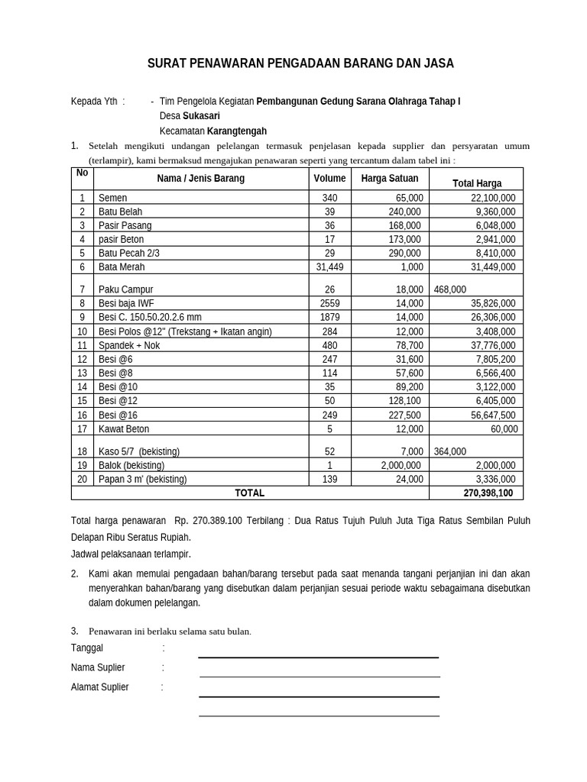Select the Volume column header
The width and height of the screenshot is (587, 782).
coord(329,178)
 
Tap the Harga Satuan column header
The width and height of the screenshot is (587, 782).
coord(390,178)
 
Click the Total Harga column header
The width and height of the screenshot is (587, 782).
coord(477,183)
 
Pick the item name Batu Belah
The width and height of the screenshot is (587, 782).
coord(121,212)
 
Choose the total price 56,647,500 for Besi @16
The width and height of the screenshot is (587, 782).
coord(490,415)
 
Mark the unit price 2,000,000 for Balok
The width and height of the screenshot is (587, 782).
coord(401,465)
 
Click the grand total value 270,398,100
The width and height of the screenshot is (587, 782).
coord(488,493)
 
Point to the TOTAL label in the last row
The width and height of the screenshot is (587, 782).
coord(249,493)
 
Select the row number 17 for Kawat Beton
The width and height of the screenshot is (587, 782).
coord(82,429)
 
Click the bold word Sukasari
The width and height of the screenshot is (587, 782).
coord(201,116)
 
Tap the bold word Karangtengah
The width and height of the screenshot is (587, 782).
coord(237,131)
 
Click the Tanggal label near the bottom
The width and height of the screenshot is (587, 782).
coord(86,648)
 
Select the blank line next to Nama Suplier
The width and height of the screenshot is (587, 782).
coord(319,675)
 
